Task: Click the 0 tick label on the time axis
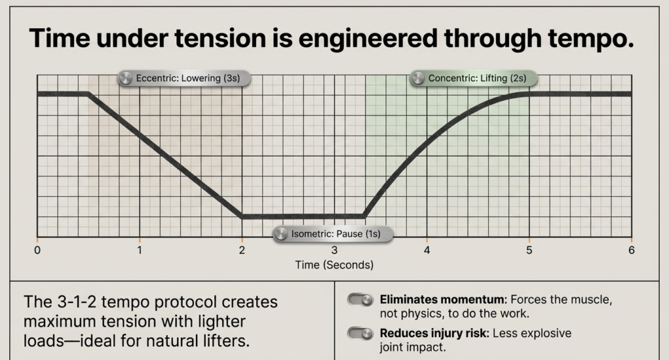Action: coord(37,250)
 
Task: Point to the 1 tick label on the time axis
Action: coord(139,250)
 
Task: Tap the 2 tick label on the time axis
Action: coord(242,250)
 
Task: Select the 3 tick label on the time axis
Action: coord(334,250)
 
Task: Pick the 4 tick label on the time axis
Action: coord(427,250)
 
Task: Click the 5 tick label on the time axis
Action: coord(529,250)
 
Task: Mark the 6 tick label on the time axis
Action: coord(631,250)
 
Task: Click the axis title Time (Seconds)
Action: coord(334,265)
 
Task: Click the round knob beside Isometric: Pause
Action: coord(281,234)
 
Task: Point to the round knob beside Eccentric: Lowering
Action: coord(125,78)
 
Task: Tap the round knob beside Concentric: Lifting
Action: coord(418,78)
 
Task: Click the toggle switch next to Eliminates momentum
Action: coord(359,300)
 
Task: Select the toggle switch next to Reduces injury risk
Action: coord(359,333)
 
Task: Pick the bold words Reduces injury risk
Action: coord(434,333)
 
